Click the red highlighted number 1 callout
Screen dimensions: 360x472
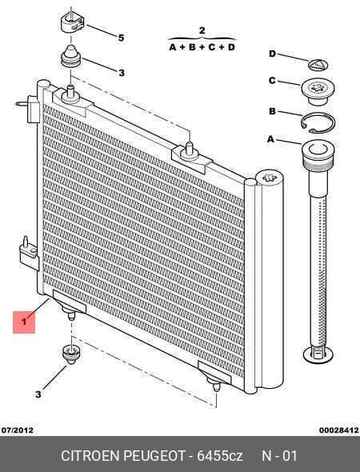24,322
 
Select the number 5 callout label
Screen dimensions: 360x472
121,38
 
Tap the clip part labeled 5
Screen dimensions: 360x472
72,22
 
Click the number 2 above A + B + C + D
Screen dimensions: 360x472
202,30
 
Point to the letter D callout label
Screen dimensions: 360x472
272,54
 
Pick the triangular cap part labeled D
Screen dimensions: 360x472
318,65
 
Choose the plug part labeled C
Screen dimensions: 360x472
317,91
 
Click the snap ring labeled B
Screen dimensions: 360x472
318,123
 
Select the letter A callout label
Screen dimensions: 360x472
271,139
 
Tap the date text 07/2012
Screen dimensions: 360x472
18,430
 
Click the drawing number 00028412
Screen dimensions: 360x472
339,430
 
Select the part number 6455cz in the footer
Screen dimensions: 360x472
220,456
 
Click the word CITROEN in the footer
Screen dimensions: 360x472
90,456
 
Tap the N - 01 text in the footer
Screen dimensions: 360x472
280,456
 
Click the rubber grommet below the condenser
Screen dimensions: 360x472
71,354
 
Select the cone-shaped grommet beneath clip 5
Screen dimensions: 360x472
71,56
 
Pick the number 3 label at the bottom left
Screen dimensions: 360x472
38,394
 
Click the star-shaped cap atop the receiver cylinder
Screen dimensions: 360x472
270,178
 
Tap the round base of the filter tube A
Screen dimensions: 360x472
318,354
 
